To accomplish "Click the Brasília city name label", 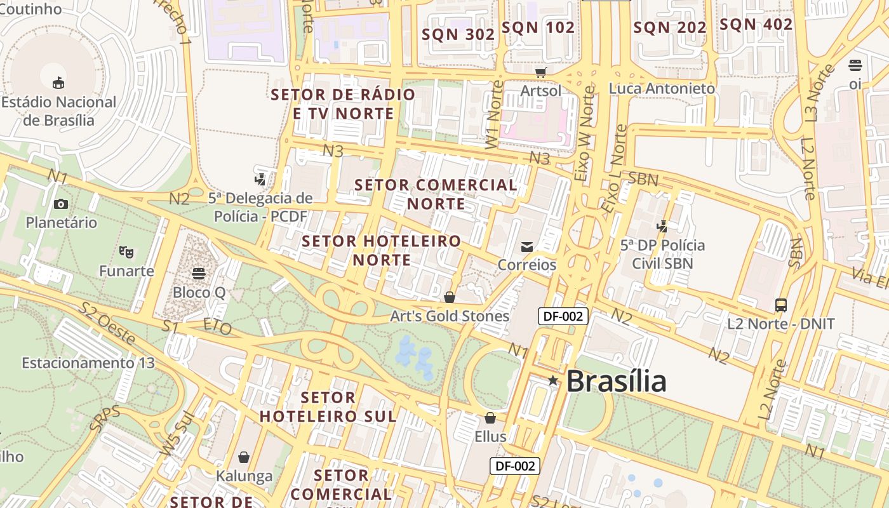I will click(x=615, y=381).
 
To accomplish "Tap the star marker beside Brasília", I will click(x=553, y=380).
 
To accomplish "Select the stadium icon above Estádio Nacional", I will click(x=58, y=82).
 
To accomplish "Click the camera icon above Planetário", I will click(x=61, y=204).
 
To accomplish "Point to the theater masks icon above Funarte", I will click(x=126, y=251).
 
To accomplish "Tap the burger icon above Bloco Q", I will click(x=199, y=274).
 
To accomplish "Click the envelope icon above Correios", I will click(x=527, y=246).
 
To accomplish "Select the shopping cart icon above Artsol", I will click(x=540, y=72).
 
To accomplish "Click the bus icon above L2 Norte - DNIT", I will click(x=781, y=305).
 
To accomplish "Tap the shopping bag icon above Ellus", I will click(x=490, y=418).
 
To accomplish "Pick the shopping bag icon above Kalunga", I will click(x=244, y=457).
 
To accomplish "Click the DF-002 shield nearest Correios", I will click(x=563, y=316).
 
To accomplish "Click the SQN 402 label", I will click(x=756, y=25).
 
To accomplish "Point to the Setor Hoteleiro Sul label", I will click(x=328, y=407).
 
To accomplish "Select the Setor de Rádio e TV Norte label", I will click(x=343, y=104).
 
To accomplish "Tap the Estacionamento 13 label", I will click(x=88, y=363).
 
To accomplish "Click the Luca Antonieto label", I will click(x=662, y=88).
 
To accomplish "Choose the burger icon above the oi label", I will click(x=855, y=65).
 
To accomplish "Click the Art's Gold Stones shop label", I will click(x=450, y=316).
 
